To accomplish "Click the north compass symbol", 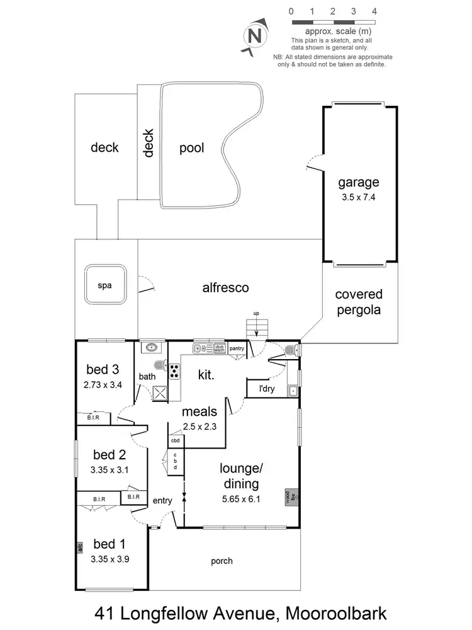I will (x=255, y=35).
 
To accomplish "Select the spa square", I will (x=104, y=285).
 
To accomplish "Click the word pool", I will (x=192, y=148).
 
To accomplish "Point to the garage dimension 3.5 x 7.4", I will (x=359, y=197).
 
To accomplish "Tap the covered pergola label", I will (x=359, y=302).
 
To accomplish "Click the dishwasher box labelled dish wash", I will (x=220, y=347).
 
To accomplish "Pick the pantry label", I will (x=237, y=348).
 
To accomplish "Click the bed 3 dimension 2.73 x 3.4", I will (x=104, y=384).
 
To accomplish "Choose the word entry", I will (x=162, y=500).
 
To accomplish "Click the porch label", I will (x=221, y=561).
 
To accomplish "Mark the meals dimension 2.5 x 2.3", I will (x=199, y=427).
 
